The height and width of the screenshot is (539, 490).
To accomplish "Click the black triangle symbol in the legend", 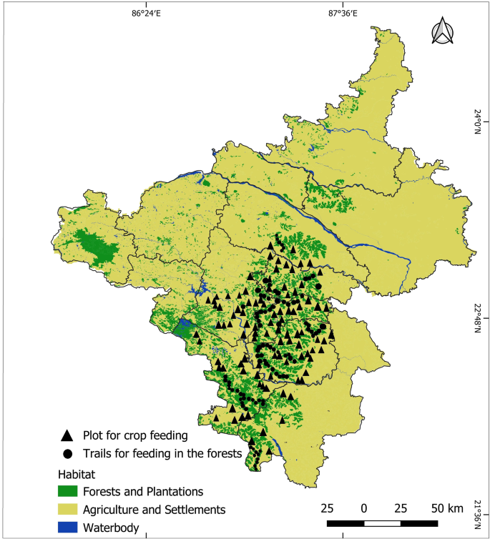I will pos(67,435).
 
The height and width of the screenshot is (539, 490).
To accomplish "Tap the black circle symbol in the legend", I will pos(67,453).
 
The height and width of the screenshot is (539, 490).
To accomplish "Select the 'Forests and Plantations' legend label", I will pos(143,492).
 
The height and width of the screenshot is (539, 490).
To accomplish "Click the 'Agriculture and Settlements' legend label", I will pos(154,510).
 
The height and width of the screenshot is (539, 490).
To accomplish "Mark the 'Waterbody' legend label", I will pos(110,528).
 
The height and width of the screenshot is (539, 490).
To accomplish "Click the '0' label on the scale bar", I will pos(364,508).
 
